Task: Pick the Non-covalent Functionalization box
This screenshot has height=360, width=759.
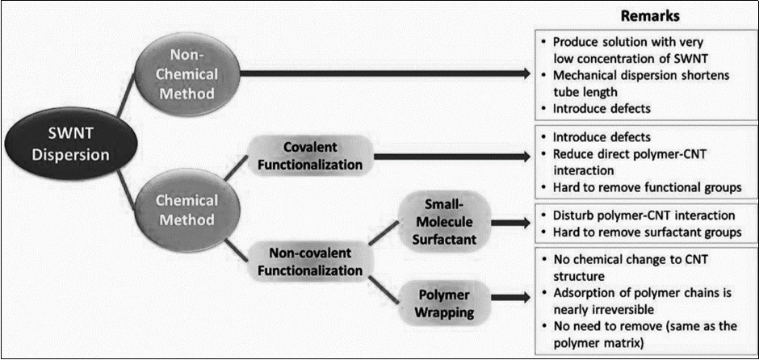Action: (x=310, y=261)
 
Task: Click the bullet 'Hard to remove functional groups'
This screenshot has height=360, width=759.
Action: (x=645, y=188)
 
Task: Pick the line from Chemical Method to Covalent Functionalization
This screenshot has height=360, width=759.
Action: (x=233, y=170)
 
